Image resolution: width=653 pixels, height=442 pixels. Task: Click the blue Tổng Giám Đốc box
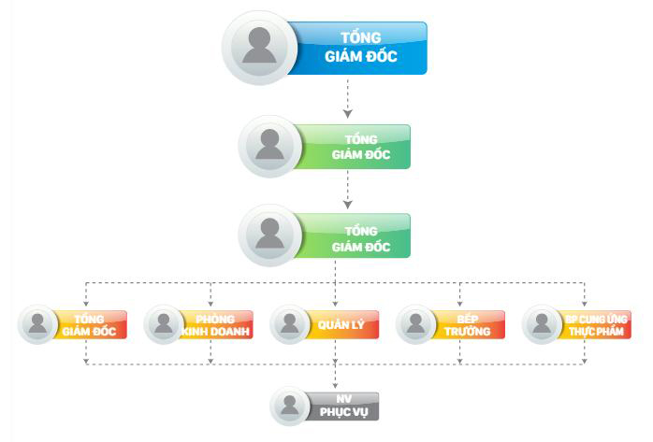tap(361, 48)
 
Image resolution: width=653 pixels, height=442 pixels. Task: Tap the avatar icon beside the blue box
tap(259, 48)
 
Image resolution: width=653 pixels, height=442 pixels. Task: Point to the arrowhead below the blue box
tap(347, 112)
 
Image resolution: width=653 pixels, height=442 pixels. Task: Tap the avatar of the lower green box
tap(270, 236)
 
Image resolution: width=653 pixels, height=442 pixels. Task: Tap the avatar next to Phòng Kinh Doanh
tap(165, 324)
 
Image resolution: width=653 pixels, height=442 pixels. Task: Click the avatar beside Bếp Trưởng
tap(416, 324)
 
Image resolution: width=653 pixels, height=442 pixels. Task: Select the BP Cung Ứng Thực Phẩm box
tap(595, 324)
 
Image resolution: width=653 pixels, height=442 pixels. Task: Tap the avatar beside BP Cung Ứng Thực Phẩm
tap(542, 324)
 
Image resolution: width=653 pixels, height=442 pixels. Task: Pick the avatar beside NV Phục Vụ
tap(290, 406)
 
